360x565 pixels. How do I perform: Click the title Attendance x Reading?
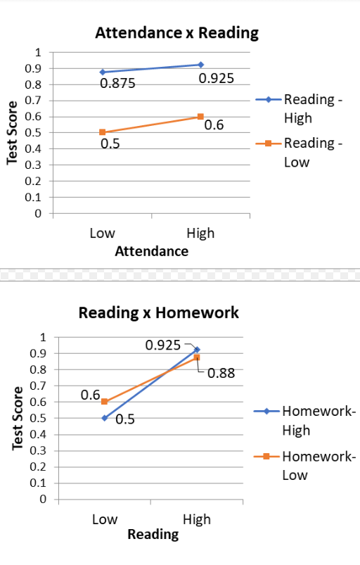(x=176, y=32)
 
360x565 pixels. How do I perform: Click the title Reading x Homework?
(x=158, y=312)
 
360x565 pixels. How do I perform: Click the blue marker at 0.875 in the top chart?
(x=103, y=72)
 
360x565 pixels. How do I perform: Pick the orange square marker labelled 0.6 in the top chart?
(x=200, y=116)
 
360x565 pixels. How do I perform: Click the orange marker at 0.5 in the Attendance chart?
(x=103, y=132)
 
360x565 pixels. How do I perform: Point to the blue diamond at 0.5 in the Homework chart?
(x=104, y=418)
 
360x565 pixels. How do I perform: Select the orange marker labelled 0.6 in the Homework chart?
(x=104, y=402)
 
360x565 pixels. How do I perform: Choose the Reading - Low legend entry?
(x=312, y=152)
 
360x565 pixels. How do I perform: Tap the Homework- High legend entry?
(x=318, y=420)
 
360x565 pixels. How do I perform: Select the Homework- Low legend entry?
(x=318, y=465)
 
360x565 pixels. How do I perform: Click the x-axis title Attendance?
(x=151, y=250)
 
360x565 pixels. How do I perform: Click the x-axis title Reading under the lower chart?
(x=153, y=534)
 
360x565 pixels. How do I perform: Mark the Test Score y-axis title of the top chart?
(x=12, y=133)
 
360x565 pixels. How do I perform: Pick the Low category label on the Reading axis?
(x=104, y=519)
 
